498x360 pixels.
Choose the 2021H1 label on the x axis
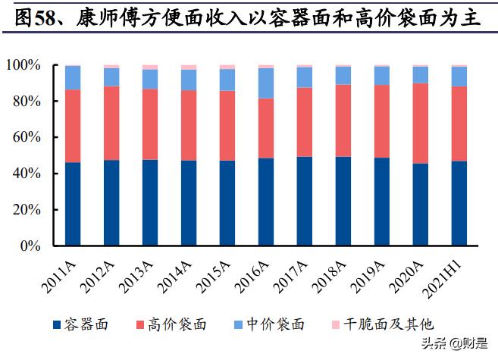click(447, 274)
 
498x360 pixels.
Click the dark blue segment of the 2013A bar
click(150, 202)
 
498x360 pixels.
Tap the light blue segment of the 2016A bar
click(266, 83)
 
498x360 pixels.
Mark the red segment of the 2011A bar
click(73, 126)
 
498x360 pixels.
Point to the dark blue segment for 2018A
click(343, 201)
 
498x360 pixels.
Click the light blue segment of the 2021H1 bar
click(459, 77)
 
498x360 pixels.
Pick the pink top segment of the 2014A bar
click(189, 67)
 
